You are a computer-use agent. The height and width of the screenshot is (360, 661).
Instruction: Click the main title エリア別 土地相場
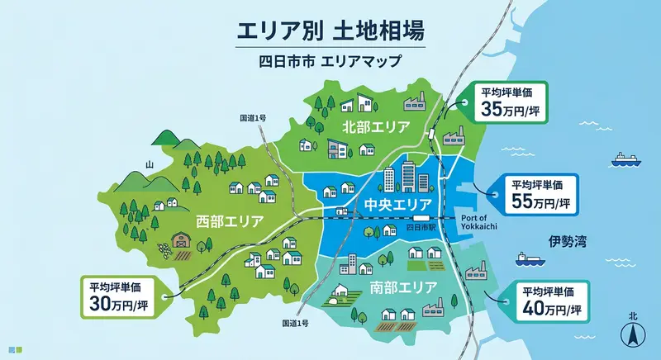tap(330, 32)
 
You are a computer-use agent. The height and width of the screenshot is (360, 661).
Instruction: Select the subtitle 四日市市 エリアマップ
tap(330, 61)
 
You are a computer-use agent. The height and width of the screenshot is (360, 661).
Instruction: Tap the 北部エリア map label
tap(376, 126)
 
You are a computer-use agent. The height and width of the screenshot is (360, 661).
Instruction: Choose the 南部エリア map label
tap(380, 289)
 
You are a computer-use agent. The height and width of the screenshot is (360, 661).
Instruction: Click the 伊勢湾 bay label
tap(565, 242)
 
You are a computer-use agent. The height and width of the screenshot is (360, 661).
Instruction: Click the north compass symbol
tap(632, 333)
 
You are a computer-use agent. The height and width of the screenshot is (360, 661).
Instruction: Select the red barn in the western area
tap(181, 239)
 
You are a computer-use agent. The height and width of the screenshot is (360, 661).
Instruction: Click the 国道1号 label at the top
tap(253, 119)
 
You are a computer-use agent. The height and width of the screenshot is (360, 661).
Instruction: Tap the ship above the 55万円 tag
tap(625, 159)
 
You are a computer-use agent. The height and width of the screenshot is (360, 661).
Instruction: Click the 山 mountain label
tap(150, 165)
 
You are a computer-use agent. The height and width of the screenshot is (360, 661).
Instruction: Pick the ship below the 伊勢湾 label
tap(529, 258)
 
